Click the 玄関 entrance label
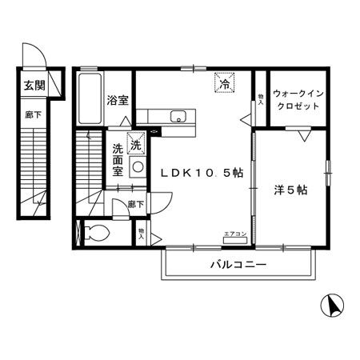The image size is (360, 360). [x=33, y=86]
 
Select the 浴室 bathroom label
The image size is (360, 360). [x=118, y=99]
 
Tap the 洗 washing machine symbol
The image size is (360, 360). [x=137, y=146]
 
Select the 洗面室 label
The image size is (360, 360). [x=118, y=161]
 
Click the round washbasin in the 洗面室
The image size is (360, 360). [x=137, y=167]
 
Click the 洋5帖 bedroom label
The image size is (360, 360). [x=291, y=190]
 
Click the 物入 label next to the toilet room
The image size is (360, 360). [x=142, y=234]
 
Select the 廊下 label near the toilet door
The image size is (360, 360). [x=136, y=204]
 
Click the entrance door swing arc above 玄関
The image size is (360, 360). [x=37, y=54]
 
